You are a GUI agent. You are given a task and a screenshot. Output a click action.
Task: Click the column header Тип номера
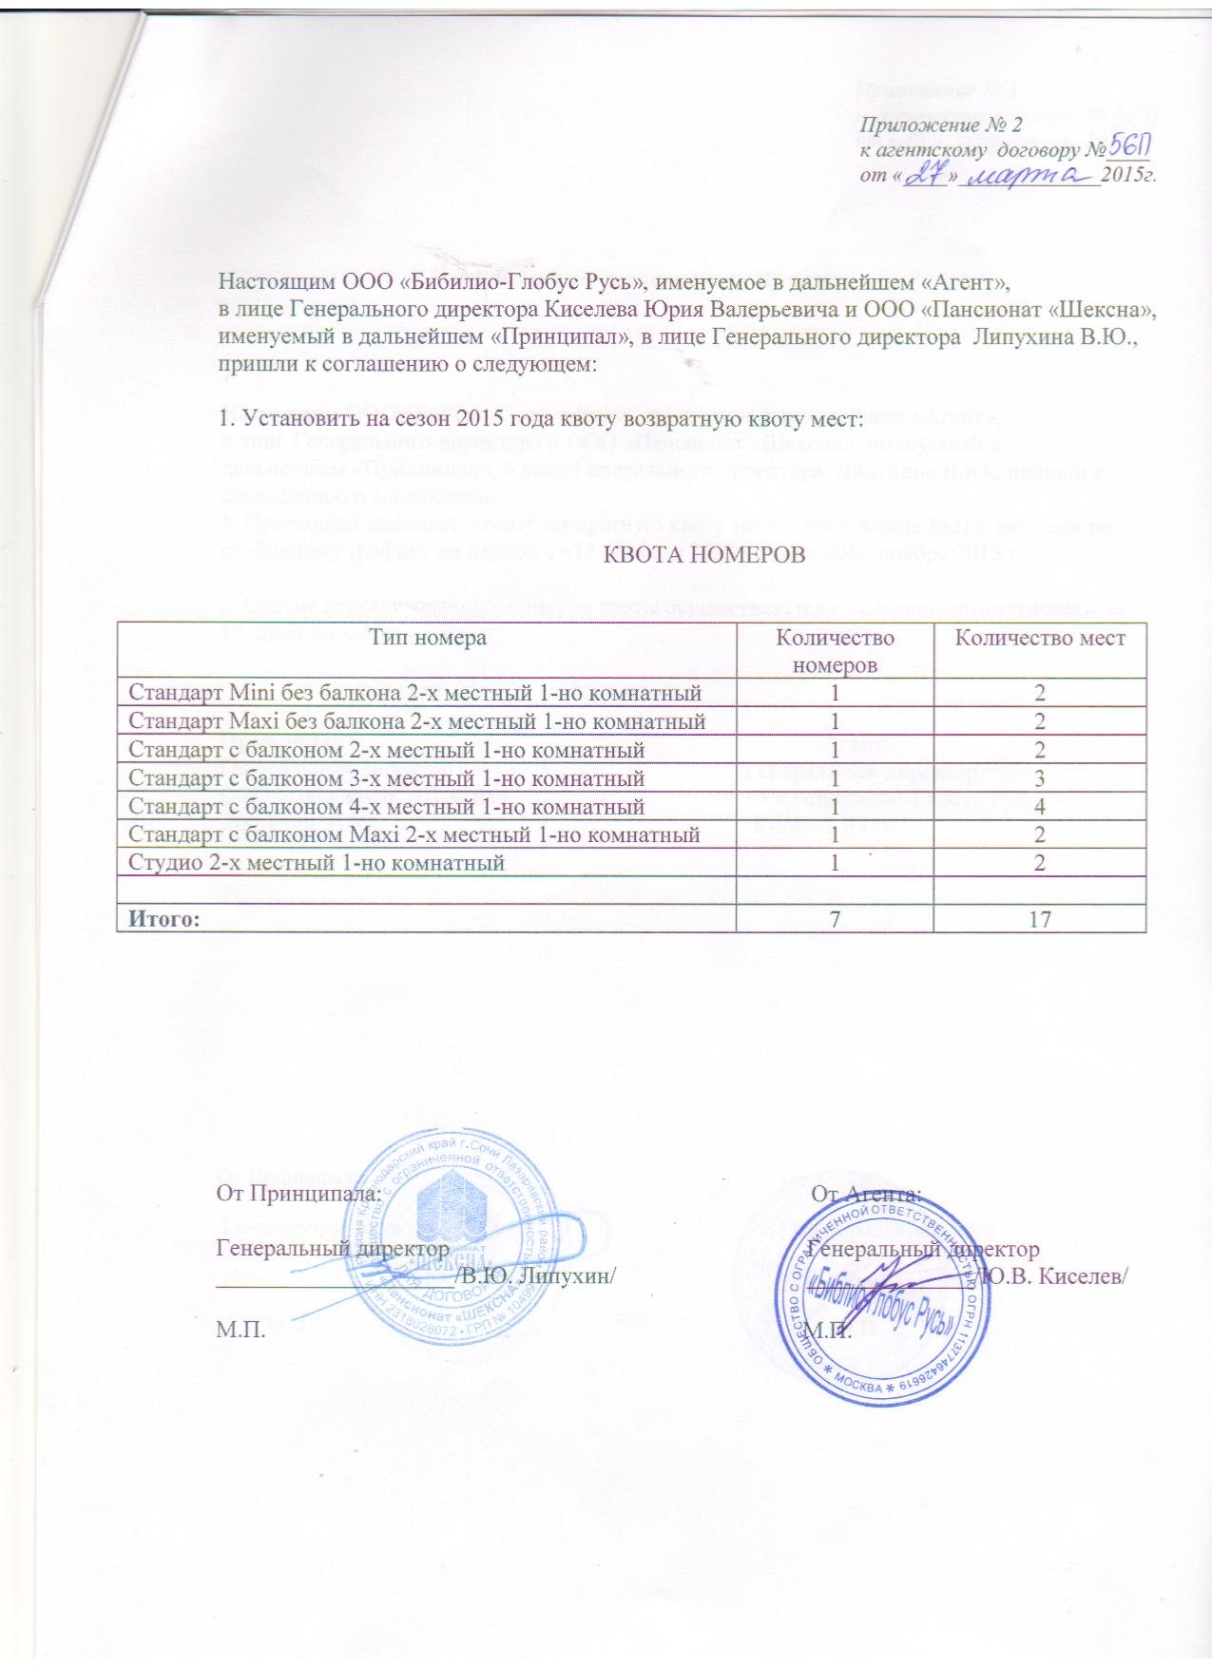click(x=428, y=639)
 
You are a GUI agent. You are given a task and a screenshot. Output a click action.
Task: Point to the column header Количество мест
click(x=1040, y=639)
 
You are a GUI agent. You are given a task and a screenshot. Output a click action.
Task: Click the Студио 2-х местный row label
click(x=316, y=863)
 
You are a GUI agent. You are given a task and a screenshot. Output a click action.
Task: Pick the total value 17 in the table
click(x=1040, y=919)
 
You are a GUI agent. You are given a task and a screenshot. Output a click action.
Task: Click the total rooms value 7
click(x=836, y=919)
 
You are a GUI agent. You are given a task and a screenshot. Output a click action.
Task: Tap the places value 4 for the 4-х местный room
click(x=1040, y=807)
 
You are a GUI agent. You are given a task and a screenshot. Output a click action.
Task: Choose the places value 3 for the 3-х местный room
click(x=1040, y=779)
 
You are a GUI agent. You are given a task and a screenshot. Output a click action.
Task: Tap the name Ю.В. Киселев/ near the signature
click(x=1055, y=1274)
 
